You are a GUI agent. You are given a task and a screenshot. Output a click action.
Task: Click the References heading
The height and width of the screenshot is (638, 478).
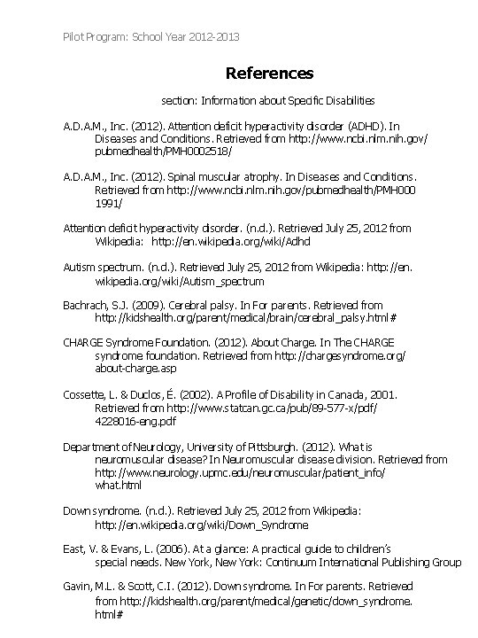(269, 72)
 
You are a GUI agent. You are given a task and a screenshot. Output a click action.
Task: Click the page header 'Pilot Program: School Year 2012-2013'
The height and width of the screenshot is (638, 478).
(151, 36)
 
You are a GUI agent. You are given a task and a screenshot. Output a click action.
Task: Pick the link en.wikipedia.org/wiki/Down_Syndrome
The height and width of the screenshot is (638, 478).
(202, 524)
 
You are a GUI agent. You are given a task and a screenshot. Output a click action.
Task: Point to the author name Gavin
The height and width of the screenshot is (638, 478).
(79, 587)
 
